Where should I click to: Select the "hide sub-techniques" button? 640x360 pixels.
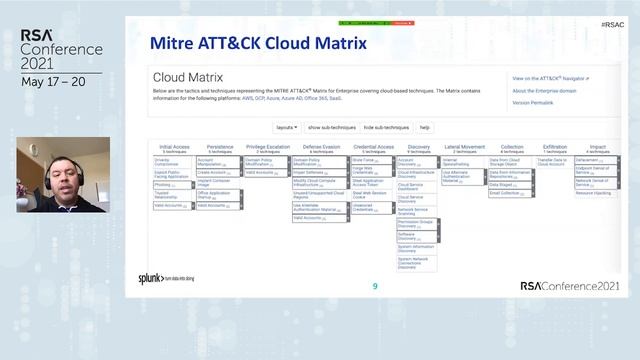pos(386,127)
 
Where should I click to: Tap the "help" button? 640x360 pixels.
pos(425,127)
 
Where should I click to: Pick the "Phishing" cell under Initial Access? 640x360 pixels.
pos(163,185)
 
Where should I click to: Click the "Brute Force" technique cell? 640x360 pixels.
pos(362,159)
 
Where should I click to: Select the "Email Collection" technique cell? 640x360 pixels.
pos(506,193)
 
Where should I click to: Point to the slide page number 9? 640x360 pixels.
pos(375,286)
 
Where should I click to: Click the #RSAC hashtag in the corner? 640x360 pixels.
pos(614,22)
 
